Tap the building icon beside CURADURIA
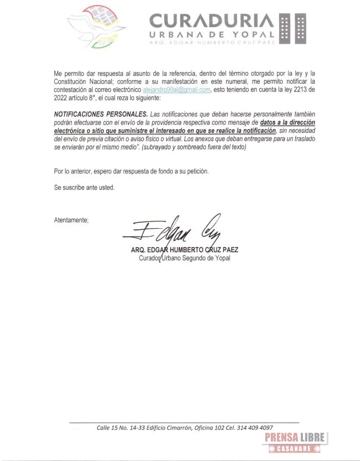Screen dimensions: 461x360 point(292,28)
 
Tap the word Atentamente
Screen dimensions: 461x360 point(71,220)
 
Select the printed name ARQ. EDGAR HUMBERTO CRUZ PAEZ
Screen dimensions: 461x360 point(184,250)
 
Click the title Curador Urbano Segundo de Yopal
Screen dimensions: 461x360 point(184,258)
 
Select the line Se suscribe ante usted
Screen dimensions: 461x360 point(84,187)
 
